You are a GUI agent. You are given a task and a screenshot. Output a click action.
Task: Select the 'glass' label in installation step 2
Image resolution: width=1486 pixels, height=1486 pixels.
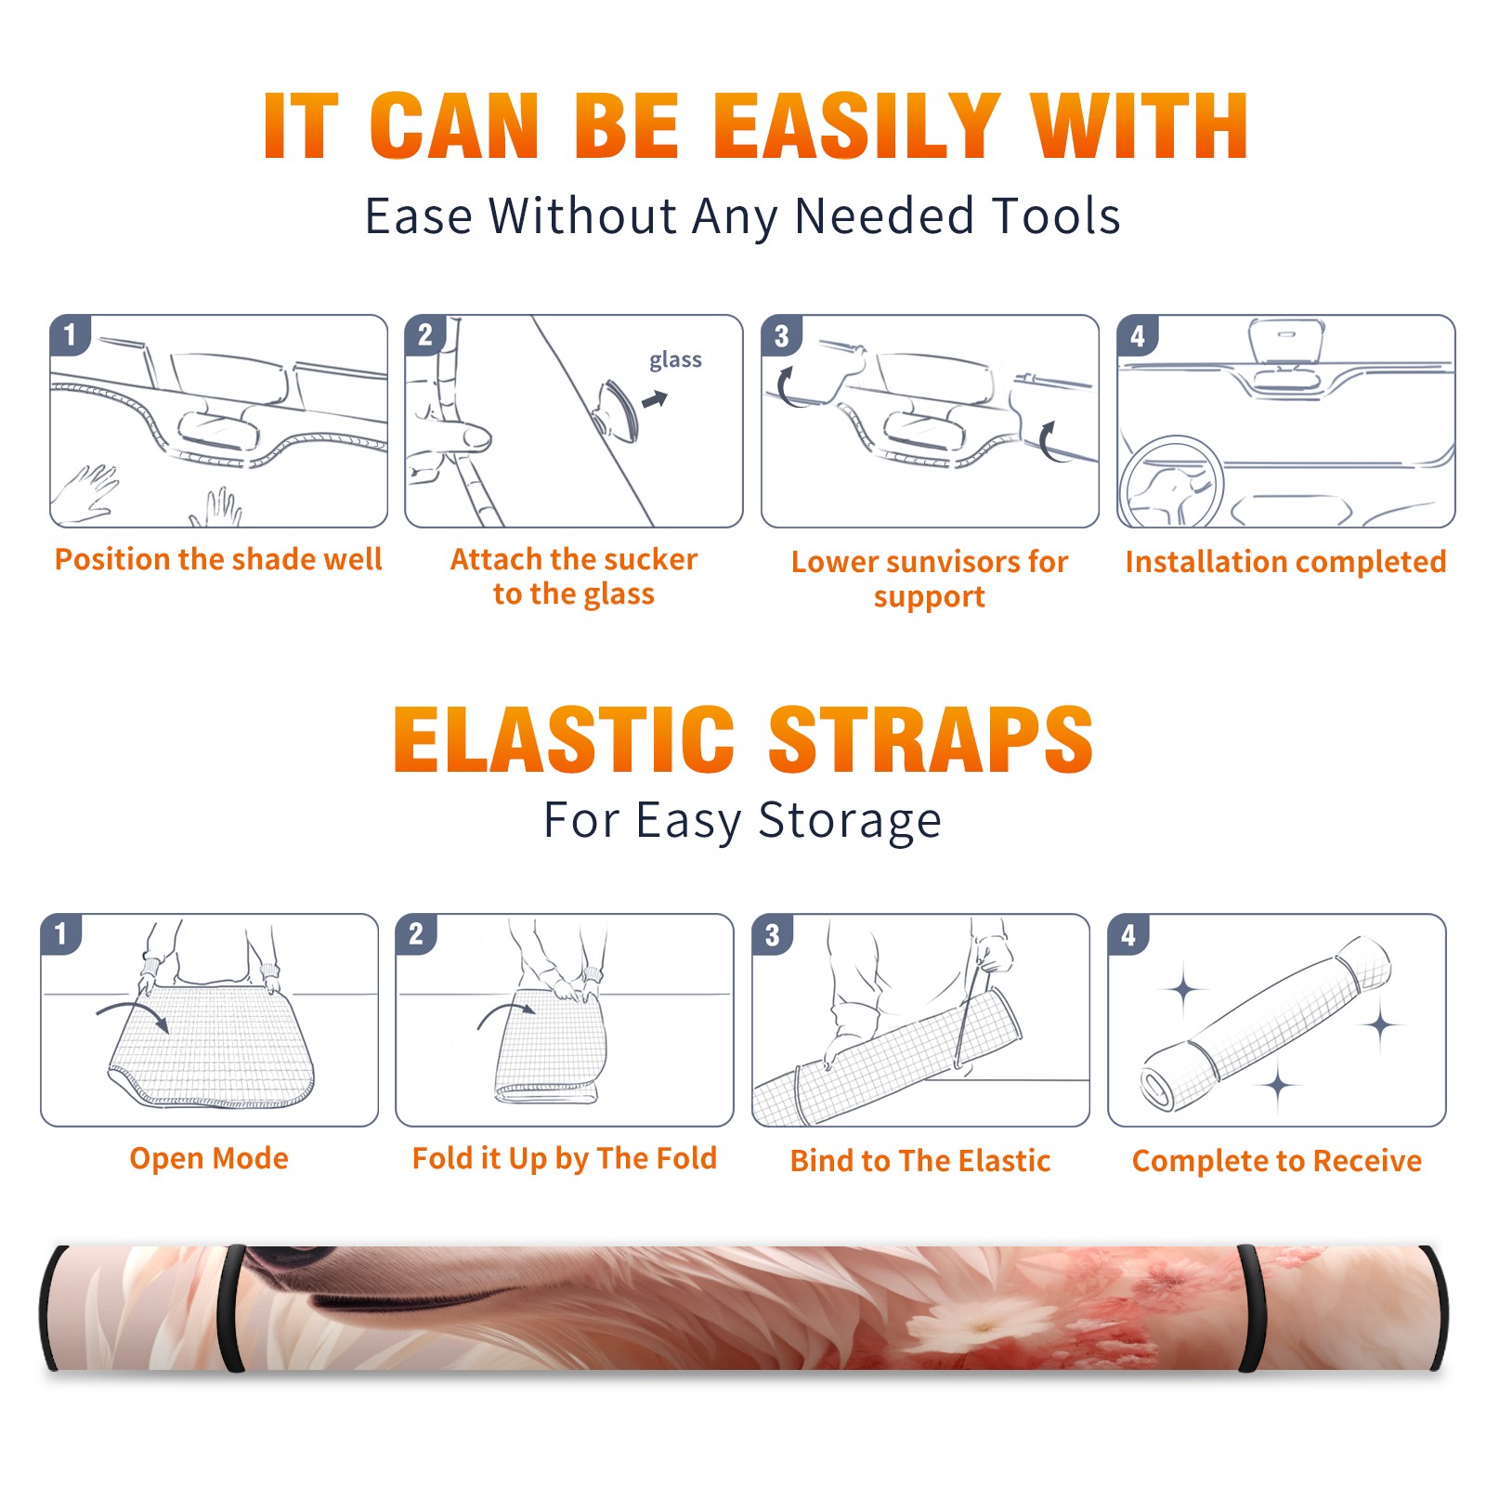click(675, 360)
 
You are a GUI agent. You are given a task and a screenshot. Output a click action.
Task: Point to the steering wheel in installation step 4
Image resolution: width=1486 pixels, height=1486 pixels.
click(1171, 483)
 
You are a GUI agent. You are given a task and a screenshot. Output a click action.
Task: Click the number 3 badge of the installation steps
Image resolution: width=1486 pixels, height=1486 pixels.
click(781, 336)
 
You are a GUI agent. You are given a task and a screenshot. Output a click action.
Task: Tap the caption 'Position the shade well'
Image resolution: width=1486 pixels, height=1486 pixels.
click(218, 559)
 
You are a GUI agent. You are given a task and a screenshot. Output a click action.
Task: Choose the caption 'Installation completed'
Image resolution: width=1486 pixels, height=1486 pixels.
click(1285, 561)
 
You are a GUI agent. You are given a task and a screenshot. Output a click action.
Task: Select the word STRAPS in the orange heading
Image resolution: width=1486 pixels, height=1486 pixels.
click(932, 739)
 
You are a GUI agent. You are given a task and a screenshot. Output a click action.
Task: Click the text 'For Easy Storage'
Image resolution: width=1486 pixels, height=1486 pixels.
click(743, 820)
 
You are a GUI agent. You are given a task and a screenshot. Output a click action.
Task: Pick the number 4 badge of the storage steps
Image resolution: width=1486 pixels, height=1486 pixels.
click(1128, 934)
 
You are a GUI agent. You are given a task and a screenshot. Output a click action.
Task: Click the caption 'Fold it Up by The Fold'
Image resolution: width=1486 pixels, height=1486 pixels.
click(565, 1158)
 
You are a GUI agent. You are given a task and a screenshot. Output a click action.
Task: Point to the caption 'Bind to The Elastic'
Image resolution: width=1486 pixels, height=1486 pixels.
click(920, 1161)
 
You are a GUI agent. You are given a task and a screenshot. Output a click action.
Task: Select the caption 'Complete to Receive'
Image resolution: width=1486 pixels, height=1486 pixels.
click(1277, 1161)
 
